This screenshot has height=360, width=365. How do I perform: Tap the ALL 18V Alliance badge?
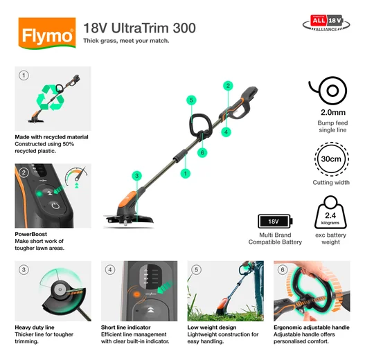pos(326,26)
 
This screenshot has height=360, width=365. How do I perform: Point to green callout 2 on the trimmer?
pos(227,86)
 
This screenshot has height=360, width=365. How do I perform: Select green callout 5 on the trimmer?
pos(191,100)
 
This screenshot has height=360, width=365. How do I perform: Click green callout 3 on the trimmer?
pos(137,177)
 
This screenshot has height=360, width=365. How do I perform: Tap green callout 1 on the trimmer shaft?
pos(185,172)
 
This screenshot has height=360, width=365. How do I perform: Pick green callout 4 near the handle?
pos(226,131)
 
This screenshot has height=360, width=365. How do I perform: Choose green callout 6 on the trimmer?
pos(202,152)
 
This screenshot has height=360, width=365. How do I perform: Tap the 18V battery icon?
pos(273,222)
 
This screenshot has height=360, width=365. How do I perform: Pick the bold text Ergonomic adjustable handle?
pos(312,327)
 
